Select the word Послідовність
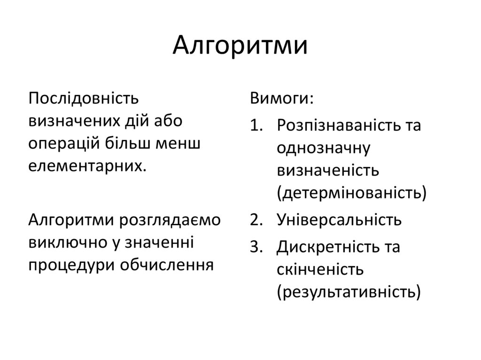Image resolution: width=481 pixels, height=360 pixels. [84, 99]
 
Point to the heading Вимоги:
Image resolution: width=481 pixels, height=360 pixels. [281, 99]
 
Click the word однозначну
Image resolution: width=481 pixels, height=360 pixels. [324, 148]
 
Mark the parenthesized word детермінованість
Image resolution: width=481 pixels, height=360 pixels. [352, 192]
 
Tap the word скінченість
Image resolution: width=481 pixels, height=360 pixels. [320, 269]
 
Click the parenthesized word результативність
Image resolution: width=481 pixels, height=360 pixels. [348, 291]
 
